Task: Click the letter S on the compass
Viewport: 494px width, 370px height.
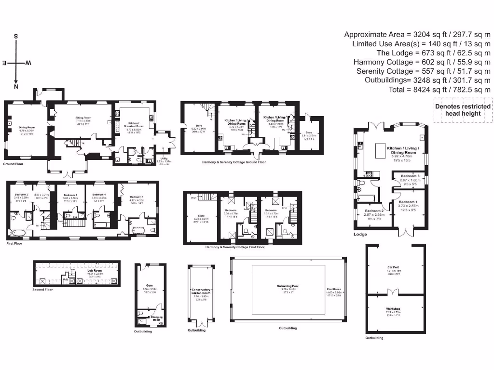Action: point(16,37)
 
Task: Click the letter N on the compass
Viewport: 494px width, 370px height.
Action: point(16,87)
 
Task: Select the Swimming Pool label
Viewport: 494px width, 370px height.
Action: point(288,287)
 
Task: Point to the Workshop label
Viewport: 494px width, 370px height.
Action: point(393,309)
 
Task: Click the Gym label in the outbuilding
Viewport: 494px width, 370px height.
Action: point(149,285)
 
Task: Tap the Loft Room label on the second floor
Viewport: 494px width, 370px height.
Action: point(95,271)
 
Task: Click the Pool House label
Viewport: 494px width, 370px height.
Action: point(333,289)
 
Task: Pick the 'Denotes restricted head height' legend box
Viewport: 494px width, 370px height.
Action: point(462,110)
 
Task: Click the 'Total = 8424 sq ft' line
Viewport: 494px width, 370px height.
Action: point(439,90)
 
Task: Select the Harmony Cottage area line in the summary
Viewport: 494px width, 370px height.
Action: point(422,62)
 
